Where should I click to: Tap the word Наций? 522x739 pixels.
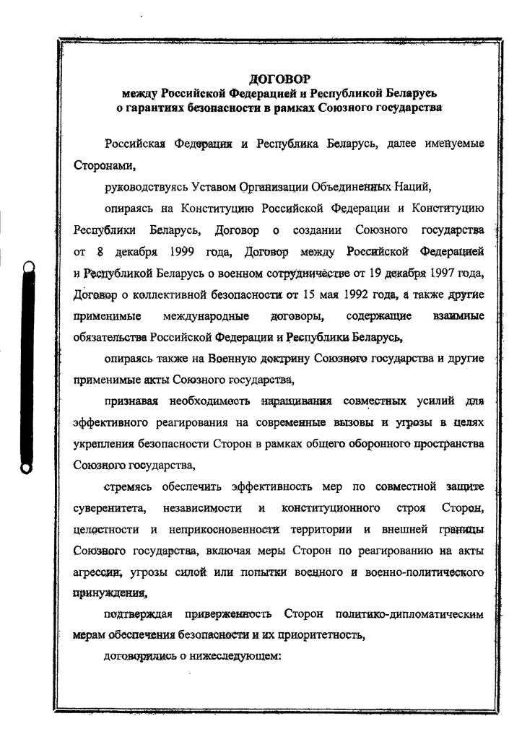click(x=414, y=188)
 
